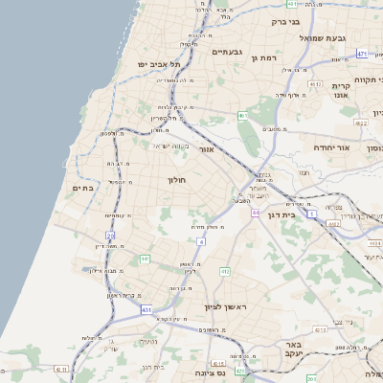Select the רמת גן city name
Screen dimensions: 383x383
pyautogui.click(x=263, y=58)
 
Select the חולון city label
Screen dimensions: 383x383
pyautogui.click(x=177, y=180)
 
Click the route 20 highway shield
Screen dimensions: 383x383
pyautogui.click(x=110, y=236)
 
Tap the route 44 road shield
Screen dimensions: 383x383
pyautogui.click(x=256, y=213)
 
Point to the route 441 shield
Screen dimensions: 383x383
pyautogui.click(x=145, y=259)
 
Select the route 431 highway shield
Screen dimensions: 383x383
pyautogui.click(x=146, y=310)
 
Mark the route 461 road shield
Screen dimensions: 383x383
pyautogui.click(x=244, y=116)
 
